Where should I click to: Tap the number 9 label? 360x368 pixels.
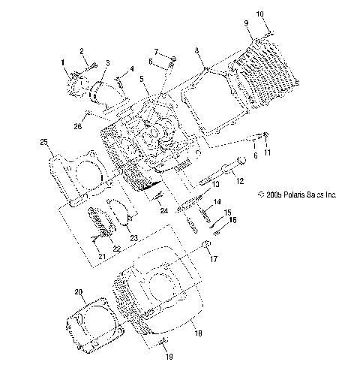pyautogui.click(x=246, y=24)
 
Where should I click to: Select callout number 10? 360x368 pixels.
pyautogui.click(x=260, y=14)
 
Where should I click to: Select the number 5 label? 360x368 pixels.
pyautogui.click(x=142, y=78)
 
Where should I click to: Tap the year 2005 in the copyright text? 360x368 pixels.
pyautogui.click(x=267, y=194)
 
